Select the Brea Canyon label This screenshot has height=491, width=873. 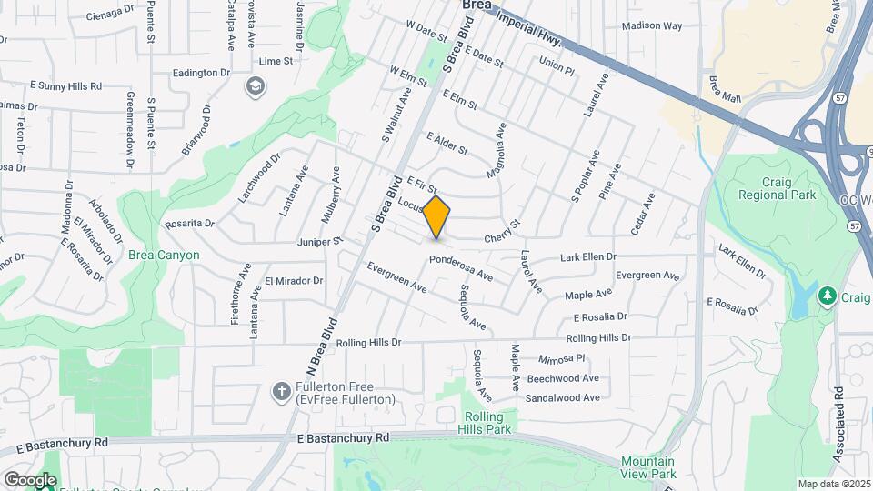point(164,256)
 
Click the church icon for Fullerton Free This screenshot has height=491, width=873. point(281,392)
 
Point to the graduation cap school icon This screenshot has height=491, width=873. point(255,85)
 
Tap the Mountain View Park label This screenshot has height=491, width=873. point(649,467)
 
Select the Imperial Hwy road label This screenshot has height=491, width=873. point(526,25)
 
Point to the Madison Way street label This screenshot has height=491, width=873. point(652,26)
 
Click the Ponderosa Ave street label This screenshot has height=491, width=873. point(460,267)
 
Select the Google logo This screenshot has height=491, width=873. point(29,479)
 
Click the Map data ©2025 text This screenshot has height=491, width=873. point(833,484)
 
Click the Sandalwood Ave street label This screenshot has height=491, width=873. point(563,397)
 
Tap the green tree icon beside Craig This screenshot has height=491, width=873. point(827,296)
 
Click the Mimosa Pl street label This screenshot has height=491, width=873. point(561,359)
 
